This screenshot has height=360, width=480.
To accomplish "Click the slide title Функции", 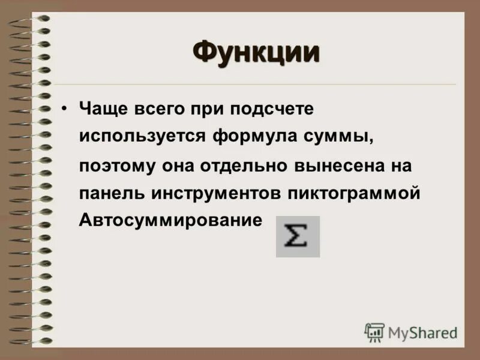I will pyautogui.click(x=256, y=52).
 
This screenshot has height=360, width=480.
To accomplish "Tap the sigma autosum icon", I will pyautogui.click(x=298, y=236).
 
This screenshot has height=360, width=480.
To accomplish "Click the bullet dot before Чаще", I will pyautogui.click(x=64, y=109).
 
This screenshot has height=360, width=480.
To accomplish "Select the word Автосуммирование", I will pyautogui.click(x=171, y=220).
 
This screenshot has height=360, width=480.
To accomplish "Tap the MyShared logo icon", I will pyautogui.click(x=374, y=332).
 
